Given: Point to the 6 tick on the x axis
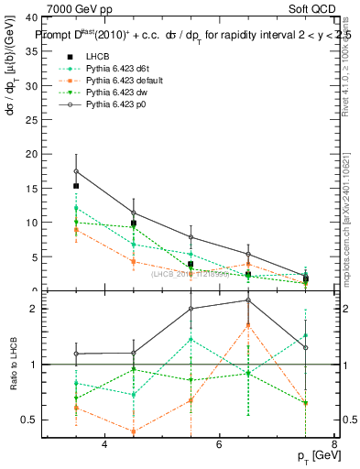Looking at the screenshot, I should [219, 444].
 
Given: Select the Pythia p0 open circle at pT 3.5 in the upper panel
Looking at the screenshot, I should [76, 171].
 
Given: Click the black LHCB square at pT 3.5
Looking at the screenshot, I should [76, 186].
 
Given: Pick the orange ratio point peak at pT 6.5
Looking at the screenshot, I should [248, 325].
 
